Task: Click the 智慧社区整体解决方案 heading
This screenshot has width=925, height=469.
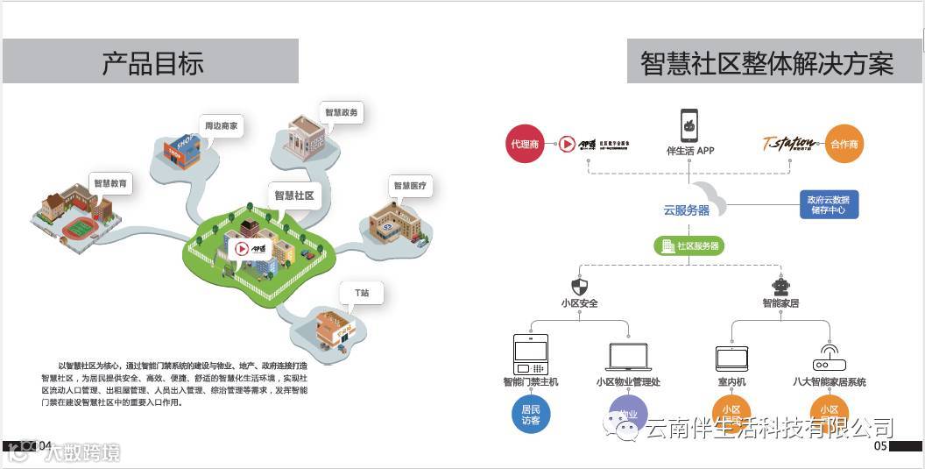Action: [766, 63]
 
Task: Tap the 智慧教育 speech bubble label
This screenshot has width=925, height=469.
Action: [110, 185]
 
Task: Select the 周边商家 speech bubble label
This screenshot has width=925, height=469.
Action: [221, 126]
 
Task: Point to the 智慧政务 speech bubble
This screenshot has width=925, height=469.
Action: [341, 113]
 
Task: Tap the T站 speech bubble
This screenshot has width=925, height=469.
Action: [361, 293]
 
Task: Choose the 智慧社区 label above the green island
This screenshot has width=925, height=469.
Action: [293, 196]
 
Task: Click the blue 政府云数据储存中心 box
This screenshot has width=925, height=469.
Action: [828, 205]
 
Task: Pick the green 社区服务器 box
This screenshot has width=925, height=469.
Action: [689, 246]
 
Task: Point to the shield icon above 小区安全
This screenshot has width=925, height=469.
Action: [579, 287]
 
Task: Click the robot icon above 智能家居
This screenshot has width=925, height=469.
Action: [780, 287]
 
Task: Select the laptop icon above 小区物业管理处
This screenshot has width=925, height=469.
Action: [628, 357]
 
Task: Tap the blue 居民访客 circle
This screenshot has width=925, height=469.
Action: [531, 414]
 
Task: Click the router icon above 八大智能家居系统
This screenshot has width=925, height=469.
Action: [828, 359]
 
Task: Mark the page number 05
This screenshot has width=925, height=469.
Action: [880, 446]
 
